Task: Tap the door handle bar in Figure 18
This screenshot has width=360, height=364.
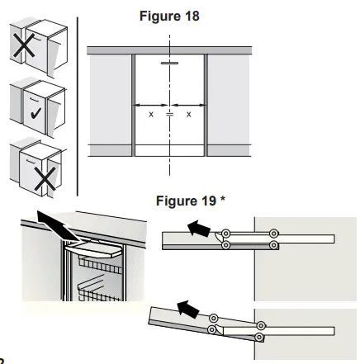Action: pyautogui.click(x=169, y=63)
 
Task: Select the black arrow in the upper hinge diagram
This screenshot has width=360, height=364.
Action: pyautogui.click(x=198, y=230)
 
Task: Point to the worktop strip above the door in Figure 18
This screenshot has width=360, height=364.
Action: pyautogui.click(x=169, y=51)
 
